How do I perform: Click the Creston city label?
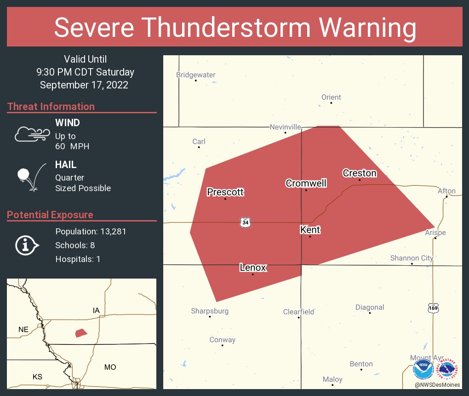[x=360, y=173]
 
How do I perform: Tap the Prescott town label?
[x=225, y=192]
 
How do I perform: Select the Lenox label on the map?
[x=253, y=268]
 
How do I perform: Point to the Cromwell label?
[x=306, y=183]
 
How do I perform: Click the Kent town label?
[x=310, y=230]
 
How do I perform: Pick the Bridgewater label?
[x=196, y=75]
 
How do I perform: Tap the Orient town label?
[x=331, y=97]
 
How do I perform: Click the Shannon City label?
[x=412, y=258]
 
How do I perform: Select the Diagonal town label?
[x=370, y=307]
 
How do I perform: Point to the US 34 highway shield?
[x=245, y=222]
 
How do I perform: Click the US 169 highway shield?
[x=433, y=308]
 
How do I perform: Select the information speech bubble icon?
[x=27, y=245]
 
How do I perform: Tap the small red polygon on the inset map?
[x=81, y=332]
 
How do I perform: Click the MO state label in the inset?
[x=110, y=367]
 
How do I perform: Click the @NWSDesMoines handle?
[x=437, y=385]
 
